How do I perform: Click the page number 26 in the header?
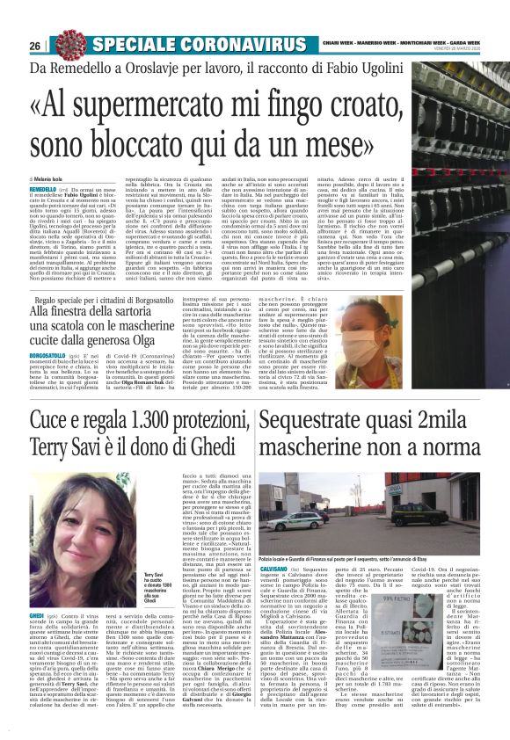[x=35, y=45]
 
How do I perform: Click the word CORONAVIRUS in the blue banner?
[x=233, y=45]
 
